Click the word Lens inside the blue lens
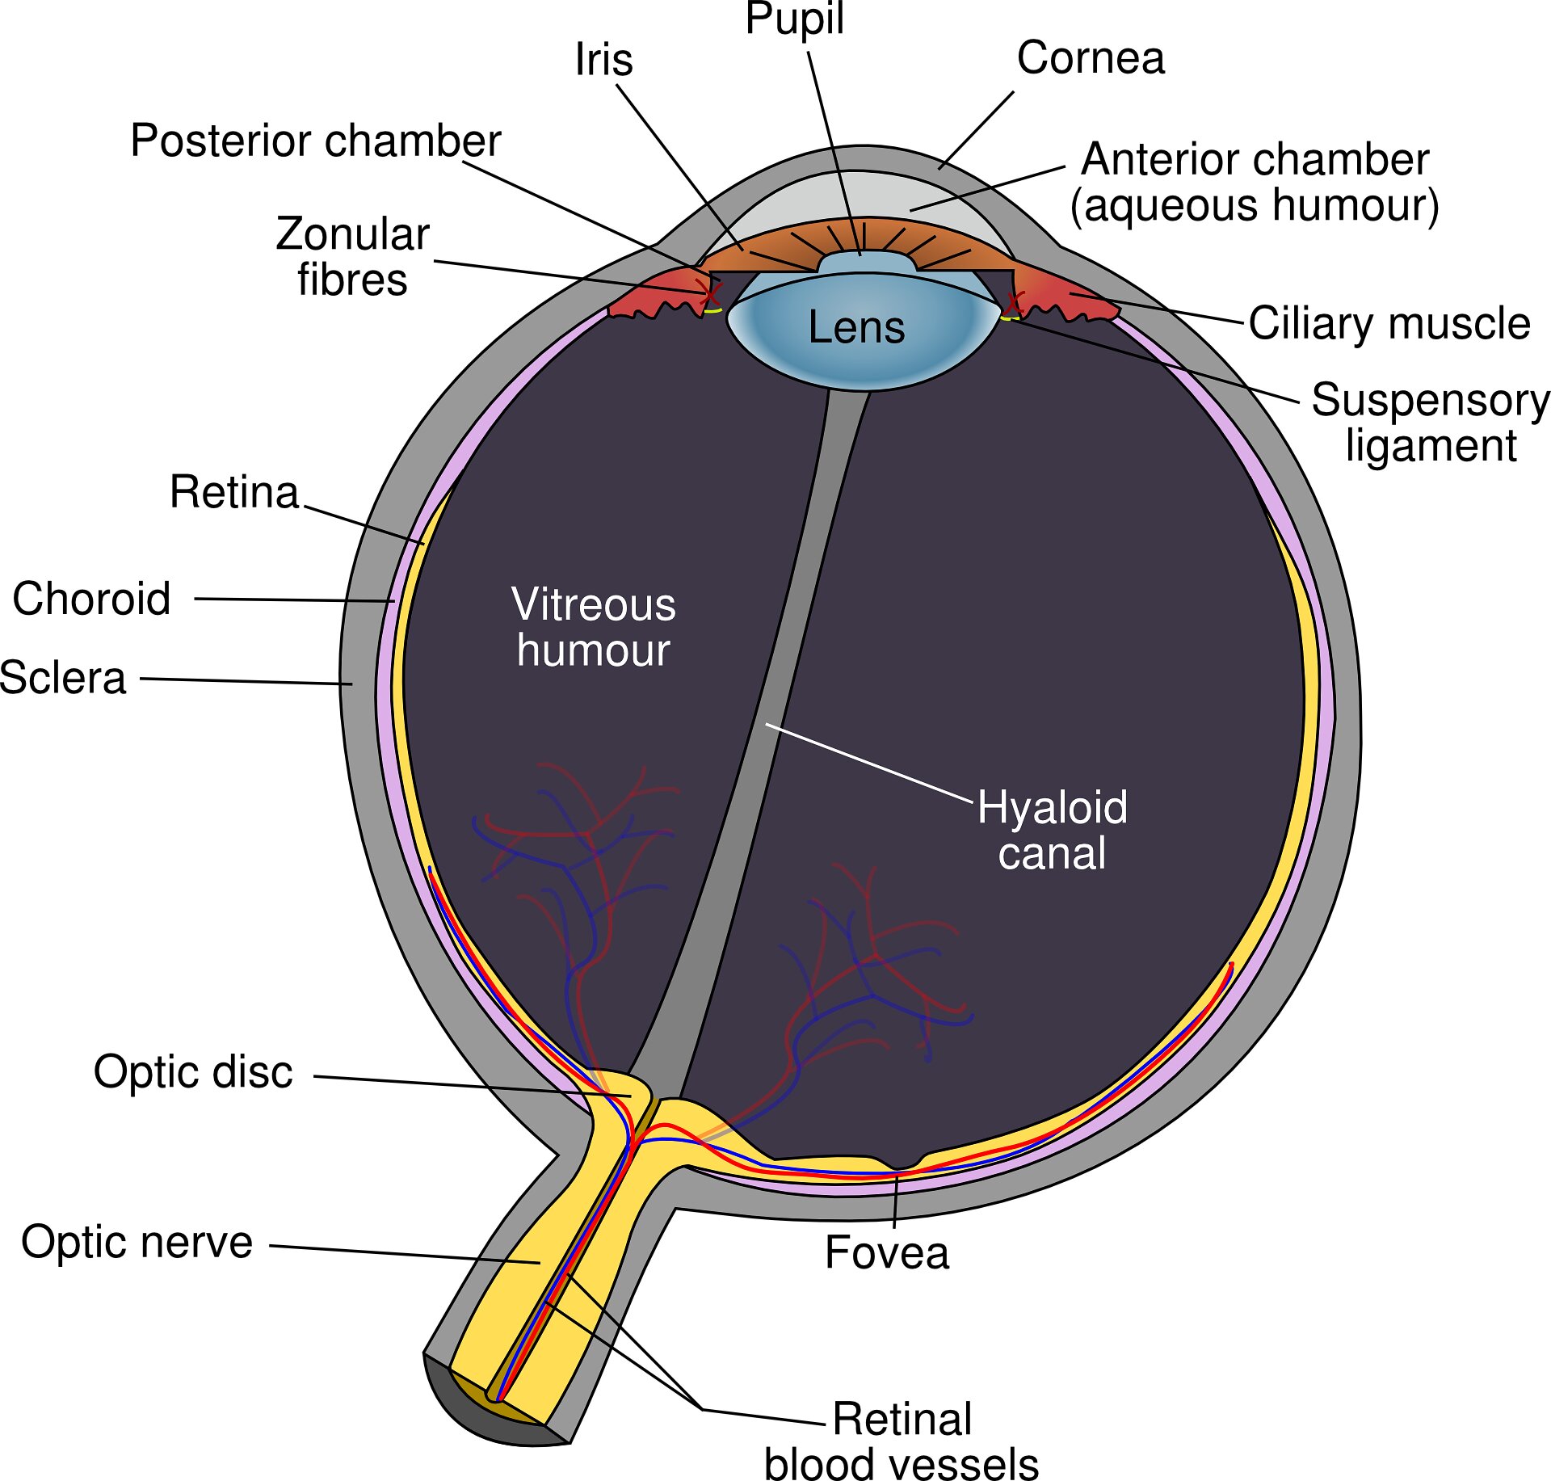tap(856, 327)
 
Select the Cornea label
tap(1091, 58)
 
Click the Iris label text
tap(603, 60)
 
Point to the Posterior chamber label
tap(315, 141)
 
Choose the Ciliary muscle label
tap(1389, 324)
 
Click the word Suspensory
tap(1430, 400)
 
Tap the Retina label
tap(234, 492)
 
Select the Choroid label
tap(91, 599)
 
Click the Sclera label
tap(63, 678)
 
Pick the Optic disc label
tap(193, 1072)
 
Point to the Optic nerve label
tap(137, 1242)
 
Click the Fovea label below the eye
tap(886, 1253)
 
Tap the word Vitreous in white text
tap(594, 604)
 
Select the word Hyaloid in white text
tap(1052, 807)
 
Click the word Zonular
tap(352, 234)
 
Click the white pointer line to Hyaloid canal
tap(868, 763)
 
